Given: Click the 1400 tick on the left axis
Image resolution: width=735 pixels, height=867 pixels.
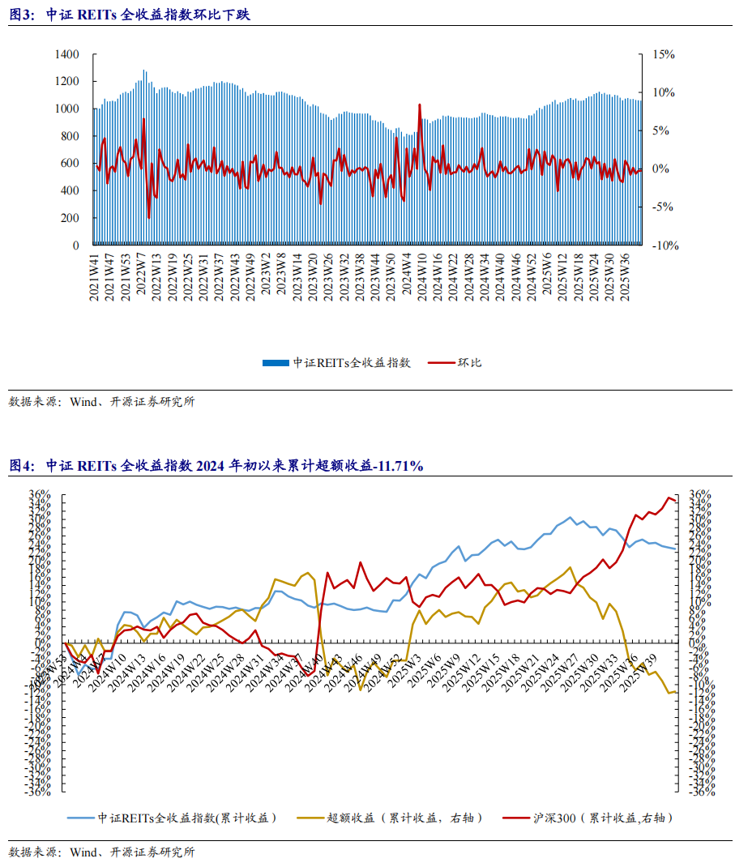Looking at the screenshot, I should coord(67,54).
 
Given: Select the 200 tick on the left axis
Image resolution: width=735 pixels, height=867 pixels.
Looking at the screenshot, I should coord(71,218).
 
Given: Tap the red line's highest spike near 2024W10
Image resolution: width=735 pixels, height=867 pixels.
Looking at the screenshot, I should coord(420,105).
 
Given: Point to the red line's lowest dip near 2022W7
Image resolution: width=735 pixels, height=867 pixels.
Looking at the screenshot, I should coord(148,217).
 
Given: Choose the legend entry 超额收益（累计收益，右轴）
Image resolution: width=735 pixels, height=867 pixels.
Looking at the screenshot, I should coord(402,818).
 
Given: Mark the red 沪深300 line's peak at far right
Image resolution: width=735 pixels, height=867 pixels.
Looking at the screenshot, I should coord(669,498).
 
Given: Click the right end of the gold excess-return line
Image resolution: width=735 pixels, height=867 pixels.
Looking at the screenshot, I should coord(676,691).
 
